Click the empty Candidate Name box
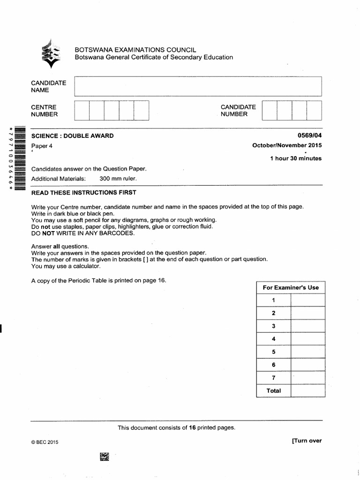tap(197, 86)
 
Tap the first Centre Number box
tap(82, 111)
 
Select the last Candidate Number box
tap(315, 111)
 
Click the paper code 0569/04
tap(309, 136)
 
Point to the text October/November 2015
tap(287, 145)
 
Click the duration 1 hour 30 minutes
tap(296, 158)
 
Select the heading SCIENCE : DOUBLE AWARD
tap(72, 136)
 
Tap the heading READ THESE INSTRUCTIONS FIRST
tap(83, 193)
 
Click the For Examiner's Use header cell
tap(291, 287)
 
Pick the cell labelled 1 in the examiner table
tap(273, 300)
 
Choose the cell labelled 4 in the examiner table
tap(273, 339)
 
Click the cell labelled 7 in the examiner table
tap(273, 378)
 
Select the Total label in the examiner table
tap(273, 391)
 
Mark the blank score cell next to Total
tap(307, 391)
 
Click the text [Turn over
tap(307, 441)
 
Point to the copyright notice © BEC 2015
tap(45, 442)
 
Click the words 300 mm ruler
tap(118, 179)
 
